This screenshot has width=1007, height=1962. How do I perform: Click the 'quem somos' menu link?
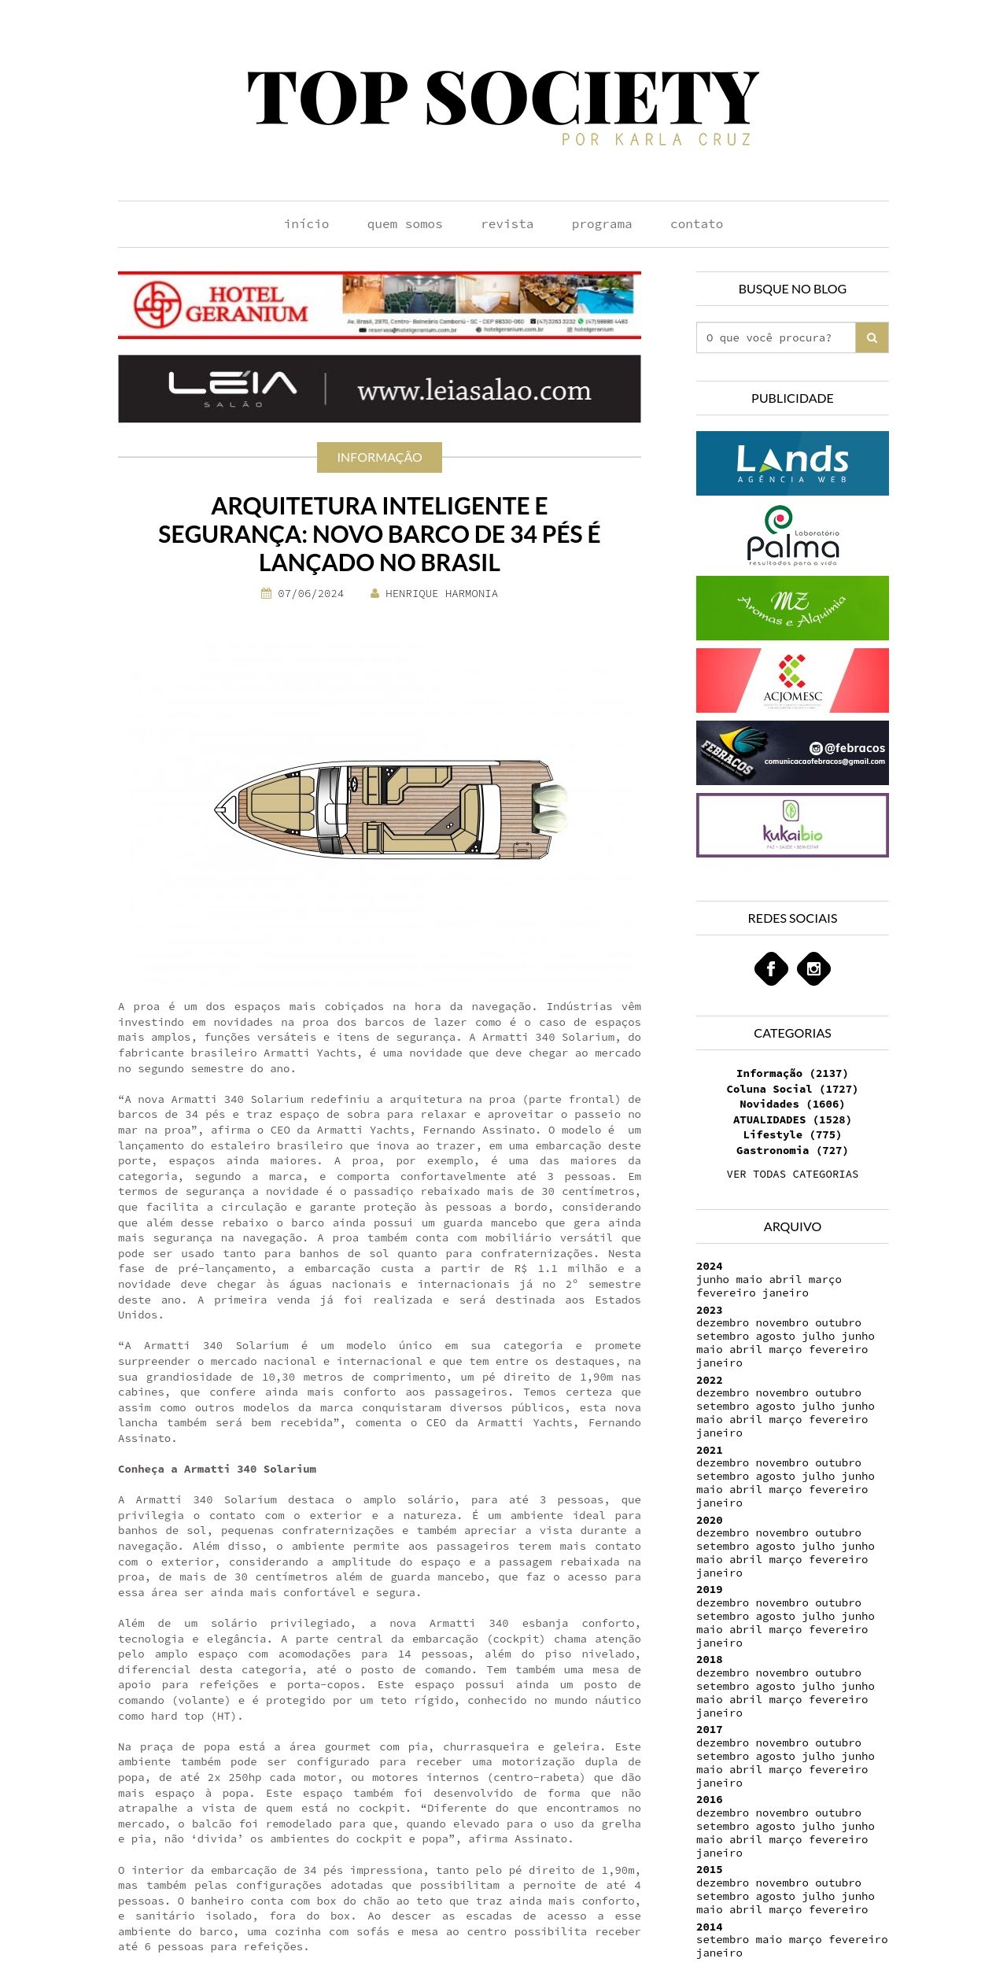tap(404, 224)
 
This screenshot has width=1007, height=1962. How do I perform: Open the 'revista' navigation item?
tap(507, 224)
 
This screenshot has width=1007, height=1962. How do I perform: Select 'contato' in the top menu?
tap(696, 224)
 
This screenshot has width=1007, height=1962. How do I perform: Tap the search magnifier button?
tap(872, 337)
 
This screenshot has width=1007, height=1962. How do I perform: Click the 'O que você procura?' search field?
tap(776, 337)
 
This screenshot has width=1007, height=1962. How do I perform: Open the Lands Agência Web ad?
tap(792, 463)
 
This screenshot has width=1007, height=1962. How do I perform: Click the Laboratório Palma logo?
tap(792, 536)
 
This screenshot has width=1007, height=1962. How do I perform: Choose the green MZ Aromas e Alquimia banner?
tap(792, 608)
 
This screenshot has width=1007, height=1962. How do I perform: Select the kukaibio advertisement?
tap(792, 825)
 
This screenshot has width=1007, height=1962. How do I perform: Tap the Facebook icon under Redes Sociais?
tap(771, 968)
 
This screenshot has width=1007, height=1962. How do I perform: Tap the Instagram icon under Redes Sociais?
tap(813, 968)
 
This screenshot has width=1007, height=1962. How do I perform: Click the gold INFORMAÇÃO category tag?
tap(379, 457)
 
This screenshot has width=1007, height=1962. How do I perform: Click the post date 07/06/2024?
tap(310, 594)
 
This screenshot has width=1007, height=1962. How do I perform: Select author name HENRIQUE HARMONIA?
tap(441, 594)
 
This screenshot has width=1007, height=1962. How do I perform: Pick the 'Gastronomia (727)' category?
tap(792, 1150)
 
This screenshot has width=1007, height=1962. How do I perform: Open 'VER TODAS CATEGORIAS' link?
tap(792, 1174)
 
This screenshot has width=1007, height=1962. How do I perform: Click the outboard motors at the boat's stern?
tap(550, 809)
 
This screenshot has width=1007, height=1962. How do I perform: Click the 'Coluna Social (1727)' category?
tap(792, 1089)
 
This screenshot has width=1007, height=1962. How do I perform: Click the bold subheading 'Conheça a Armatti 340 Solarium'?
tap(217, 1469)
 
